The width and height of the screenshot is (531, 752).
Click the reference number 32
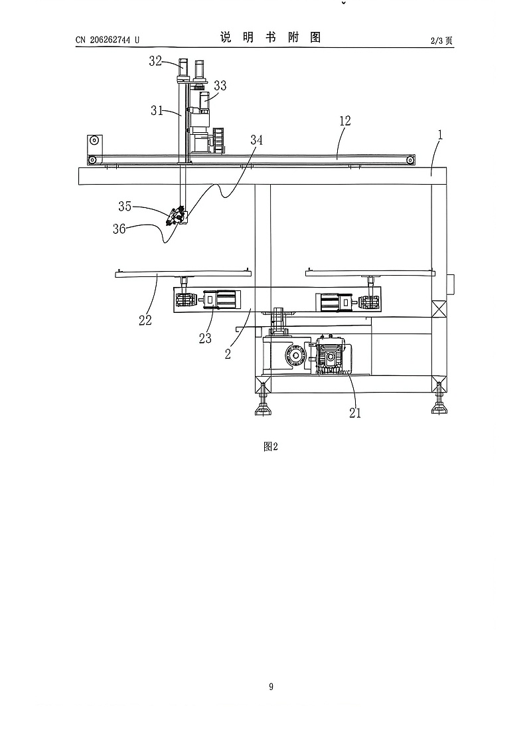point(155,61)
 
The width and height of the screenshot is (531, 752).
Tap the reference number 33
point(220,86)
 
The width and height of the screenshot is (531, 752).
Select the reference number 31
point(157,110)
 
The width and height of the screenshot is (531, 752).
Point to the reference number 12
point(345,121)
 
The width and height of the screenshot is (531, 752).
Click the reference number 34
point(256,140)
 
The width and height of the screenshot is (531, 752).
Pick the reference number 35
point(125,206)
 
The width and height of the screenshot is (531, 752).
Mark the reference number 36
point(119,229)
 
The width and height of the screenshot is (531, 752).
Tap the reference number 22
point(145,320)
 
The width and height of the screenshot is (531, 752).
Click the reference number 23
point(205,338)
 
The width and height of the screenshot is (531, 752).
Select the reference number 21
point(354,413)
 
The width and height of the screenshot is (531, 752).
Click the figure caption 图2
point(271,446)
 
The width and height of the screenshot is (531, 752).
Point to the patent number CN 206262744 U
point(108,40)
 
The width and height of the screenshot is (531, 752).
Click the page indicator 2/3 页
point(441,41)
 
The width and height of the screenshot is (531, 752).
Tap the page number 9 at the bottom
point(271,687)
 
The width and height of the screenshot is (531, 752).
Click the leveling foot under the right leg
point(439,403)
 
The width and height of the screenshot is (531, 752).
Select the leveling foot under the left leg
point(263,405)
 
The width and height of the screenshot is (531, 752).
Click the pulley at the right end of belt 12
point(410,159)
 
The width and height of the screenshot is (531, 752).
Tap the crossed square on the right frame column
point(439,308)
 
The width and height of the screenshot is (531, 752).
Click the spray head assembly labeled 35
point(177,216)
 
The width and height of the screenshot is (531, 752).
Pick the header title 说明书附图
point(270,37)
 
